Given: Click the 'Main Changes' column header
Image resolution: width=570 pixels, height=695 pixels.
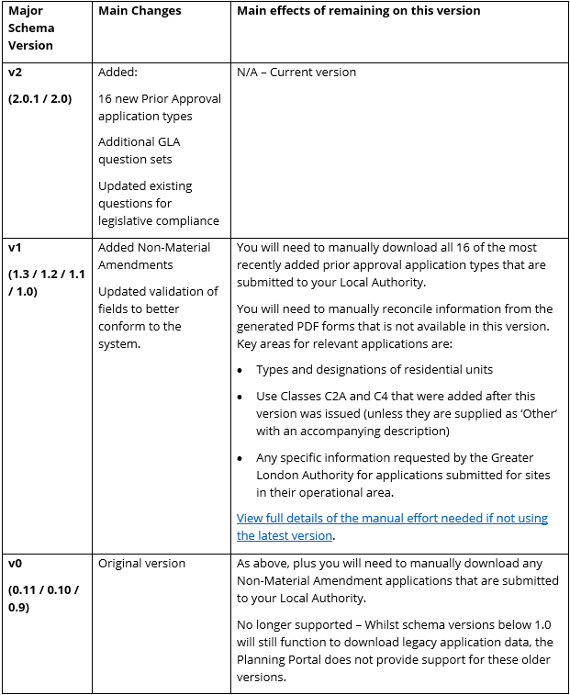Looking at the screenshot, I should tap(140, 11).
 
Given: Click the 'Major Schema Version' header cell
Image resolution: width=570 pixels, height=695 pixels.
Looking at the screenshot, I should tap(31, 28).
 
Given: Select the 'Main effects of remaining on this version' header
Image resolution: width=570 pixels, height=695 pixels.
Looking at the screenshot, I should tap(358, 11).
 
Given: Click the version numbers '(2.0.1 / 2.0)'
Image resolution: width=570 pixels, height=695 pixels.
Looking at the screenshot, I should tap(40, 98).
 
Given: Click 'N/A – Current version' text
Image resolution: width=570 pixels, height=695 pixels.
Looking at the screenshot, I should tap(296, 73).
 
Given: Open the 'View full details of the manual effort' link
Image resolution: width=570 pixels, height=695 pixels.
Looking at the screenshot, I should tap(392, 527).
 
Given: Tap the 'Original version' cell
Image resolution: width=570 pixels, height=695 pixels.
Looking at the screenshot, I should tap(141, 564).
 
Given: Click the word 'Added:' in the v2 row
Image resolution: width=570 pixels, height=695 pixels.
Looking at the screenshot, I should tap(117, 73).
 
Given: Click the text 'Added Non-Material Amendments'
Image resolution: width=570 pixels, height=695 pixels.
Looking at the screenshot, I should tap(154, 256).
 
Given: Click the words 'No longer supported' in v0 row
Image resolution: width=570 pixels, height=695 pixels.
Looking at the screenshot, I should tap(291, 624).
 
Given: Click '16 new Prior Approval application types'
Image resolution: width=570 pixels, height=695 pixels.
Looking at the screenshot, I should tap(159, 107).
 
